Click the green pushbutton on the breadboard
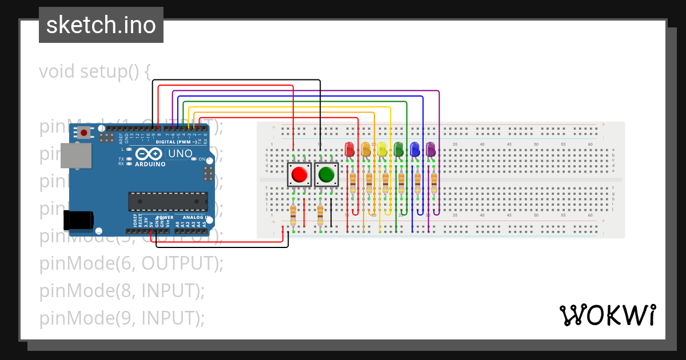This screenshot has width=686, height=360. click(x=326, y=174)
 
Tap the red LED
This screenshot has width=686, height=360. click(x=350, y=150)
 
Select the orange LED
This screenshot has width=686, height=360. click(x=366, y=150)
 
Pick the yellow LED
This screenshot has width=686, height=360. click(x=382, y=150)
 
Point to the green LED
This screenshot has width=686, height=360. click(x=398, y=150)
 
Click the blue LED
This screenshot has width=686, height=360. click(x=414, y=150)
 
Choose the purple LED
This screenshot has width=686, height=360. click(x=430, y=150)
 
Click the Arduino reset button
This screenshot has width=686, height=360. click(x=84, y=133)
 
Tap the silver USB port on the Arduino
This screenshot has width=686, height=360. click(x=75, y=155)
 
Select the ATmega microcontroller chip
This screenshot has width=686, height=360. click(x=168, y=202)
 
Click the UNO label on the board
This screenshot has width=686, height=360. click(x=180, y=154)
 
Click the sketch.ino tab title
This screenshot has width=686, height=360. click(x=101, y=25)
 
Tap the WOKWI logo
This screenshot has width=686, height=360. click(x=607, y=315)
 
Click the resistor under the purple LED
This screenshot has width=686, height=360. click(x=434, y=183)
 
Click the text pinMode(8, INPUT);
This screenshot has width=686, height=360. click(x=122, y=290)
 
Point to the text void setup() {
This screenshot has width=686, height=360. click(x=95, y=71)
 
